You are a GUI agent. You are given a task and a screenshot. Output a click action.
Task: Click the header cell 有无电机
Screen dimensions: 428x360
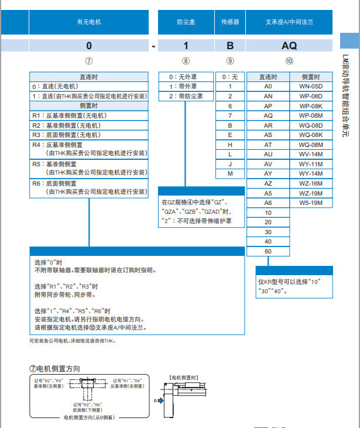[89, 22]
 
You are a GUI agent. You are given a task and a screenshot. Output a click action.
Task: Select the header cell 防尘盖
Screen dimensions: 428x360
[186, 22]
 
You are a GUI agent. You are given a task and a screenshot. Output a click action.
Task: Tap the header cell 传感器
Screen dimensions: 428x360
[230, 22]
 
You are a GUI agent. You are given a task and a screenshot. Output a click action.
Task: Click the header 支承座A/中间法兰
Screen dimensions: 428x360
[289, 22]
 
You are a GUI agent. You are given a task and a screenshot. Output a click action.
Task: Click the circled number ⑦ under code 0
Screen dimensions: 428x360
[89, 61]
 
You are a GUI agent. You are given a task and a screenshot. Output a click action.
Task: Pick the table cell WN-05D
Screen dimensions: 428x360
[310, 86]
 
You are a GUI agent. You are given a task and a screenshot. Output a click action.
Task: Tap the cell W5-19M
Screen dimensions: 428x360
[310, 203]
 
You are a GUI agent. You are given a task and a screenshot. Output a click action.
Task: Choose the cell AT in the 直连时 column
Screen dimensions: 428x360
[268, 144]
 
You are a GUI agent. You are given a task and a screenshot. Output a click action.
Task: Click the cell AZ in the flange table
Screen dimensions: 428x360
[268, 184]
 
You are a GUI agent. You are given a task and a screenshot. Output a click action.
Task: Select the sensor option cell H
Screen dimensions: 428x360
[230, 144]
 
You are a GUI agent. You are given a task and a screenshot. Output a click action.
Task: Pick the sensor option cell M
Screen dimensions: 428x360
[230, 174]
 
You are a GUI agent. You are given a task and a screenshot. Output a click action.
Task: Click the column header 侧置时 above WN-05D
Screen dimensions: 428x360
[310, 77]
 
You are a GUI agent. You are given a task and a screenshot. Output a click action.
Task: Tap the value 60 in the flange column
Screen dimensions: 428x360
[268, 251]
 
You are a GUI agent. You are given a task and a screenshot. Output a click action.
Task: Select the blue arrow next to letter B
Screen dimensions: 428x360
[160, 401]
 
